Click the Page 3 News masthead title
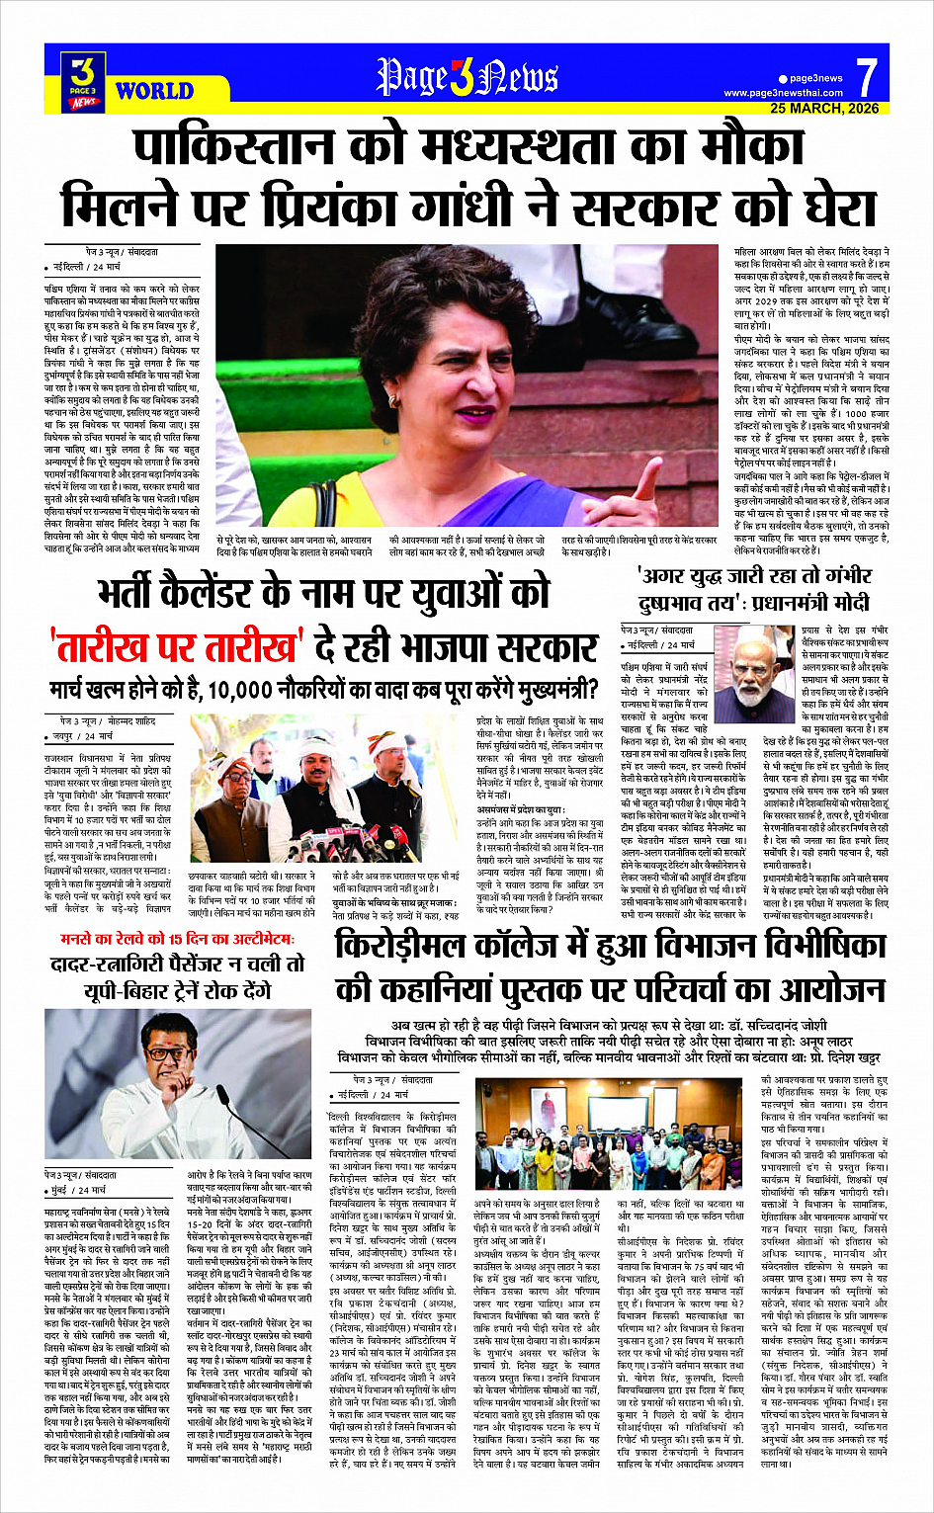tap(467, 78)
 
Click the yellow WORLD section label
tap(153, 92)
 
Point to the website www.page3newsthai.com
tap(783, 93)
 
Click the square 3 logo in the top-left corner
tap(84, 80)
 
